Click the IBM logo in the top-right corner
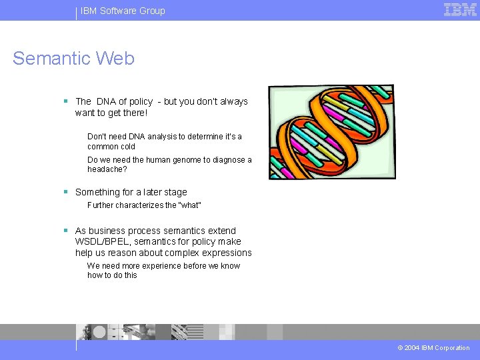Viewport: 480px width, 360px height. point(460,9)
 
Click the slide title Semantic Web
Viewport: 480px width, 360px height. point(73,59)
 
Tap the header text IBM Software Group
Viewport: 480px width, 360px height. point(123,11)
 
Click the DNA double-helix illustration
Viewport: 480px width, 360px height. point(331,132)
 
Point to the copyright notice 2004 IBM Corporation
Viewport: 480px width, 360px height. point(433,348)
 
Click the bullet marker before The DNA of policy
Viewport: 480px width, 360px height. point(65,101)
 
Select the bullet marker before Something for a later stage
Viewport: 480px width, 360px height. point(65,192)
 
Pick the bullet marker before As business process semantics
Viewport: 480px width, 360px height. point(65,231)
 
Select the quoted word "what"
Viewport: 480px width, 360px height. point(189,205)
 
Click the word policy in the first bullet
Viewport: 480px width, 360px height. point(141,101)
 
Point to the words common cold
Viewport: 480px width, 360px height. point(111,147)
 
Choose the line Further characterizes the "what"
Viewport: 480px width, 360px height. point(144,205)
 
